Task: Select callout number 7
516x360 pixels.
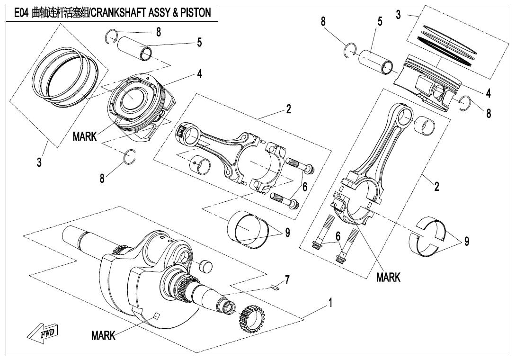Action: pyautogui.click(x=287, y=280)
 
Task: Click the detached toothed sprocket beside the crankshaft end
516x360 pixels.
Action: pyautogui.click(x=252, y=318)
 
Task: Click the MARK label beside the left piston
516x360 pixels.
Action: pyautogui.click(x=84, y=137)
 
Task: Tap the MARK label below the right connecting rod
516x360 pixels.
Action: pyautogui.click(x=388, y=277)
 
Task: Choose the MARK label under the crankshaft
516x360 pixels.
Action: pyautogui.click(x=103, y=336)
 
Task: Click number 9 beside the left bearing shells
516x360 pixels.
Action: pyautogui.click(x=287, y=233)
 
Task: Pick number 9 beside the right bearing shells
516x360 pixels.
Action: pyautogui.click(x=467, y=242)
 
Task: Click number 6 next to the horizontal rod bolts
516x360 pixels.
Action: pyautogui.click(x=305, y=187)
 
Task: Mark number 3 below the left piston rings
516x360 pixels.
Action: pyautogui.click(x=39, y=162)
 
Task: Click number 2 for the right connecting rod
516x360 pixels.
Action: pyautogui.click(x=436, y=186)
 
